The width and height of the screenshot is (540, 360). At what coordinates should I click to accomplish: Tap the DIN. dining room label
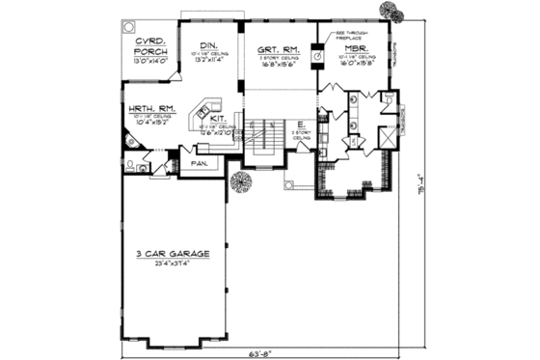(208, 45)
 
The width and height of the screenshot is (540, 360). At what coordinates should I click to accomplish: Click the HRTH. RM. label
(144, 108)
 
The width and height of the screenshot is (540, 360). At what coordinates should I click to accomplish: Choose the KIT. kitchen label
(219, 119)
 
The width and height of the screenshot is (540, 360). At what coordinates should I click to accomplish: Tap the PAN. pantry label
(201, 163)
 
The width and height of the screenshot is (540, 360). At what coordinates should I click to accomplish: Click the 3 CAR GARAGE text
(170, 255)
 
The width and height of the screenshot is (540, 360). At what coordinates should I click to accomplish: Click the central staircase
(258, 140)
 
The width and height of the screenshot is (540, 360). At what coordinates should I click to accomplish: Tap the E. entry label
(301, 125)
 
